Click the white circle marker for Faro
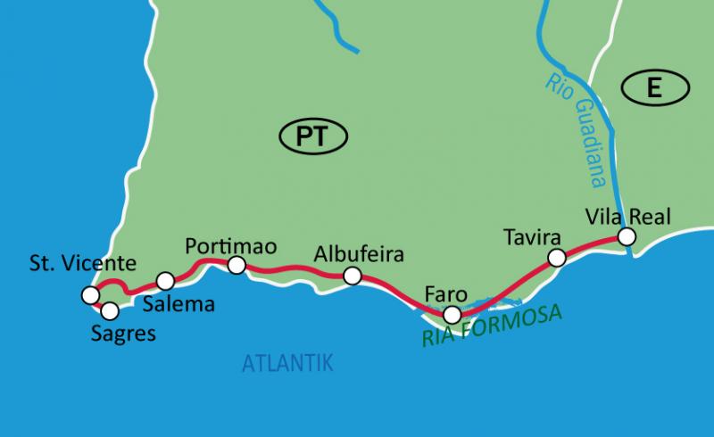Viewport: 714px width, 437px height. click(x=452, y=314)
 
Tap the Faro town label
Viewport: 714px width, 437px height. click(x=446, y=293)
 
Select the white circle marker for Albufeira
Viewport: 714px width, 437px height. click(x=353, y=276)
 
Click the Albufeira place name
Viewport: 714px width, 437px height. click(x=359, y=254)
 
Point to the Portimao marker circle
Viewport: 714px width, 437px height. click(x=237, y=265)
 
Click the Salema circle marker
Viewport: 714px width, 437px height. click(x=165, y=281)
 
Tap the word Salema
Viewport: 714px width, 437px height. click(x=179, y=304)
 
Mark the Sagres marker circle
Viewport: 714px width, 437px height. click(x=110, y=311)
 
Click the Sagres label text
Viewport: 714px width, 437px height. click(x=123, y=334)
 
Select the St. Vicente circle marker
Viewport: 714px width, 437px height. click(x=89, y=294)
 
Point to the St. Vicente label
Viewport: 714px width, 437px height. click(x=82, y=263)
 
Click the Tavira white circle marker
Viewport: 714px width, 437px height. click(x=557, y=258)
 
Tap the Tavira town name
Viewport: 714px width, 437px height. click(x=532, y=238)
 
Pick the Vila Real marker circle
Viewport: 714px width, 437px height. click(x=627, y=236)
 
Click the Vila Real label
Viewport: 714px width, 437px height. click(x=627, y=215)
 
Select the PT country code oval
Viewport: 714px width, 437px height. click(x=313, y=136)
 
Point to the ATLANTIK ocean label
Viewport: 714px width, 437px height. click(x=287, y=362)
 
